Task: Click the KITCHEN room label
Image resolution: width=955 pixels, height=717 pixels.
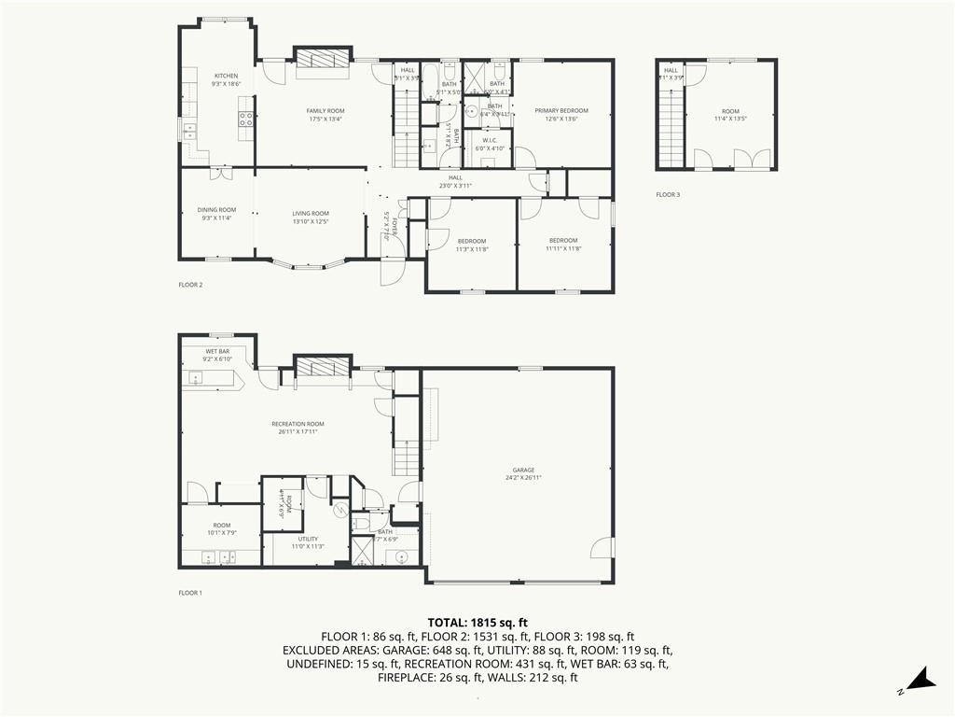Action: [226, 76]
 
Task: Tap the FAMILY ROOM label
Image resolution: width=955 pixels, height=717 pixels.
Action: [325, 111]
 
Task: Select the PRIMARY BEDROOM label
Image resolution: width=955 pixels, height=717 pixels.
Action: [561, 111]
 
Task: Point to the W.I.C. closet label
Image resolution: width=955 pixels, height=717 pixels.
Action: [490, 140]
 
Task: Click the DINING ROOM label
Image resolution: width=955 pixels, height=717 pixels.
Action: [216, 210]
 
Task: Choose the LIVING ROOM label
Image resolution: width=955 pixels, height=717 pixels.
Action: [311, 214]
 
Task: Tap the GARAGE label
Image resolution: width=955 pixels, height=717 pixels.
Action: [523, 471]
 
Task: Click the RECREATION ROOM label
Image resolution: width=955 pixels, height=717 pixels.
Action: [298, 424]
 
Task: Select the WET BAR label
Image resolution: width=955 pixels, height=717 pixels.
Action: [217, 351]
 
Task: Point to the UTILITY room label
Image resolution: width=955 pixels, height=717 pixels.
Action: [308, 539]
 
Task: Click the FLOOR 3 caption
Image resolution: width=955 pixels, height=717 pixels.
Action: [668, 195]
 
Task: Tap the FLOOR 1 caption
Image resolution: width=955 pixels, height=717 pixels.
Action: [190, 593]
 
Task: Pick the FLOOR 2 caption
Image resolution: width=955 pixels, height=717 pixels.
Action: [190, 285]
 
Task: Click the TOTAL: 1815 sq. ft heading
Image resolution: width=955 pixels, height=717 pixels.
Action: [477, 622]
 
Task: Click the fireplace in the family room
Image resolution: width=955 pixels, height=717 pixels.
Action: [323, 57]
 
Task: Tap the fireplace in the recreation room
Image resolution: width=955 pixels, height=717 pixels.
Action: [323, 366]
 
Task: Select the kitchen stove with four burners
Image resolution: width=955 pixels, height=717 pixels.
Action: [247, 119]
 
